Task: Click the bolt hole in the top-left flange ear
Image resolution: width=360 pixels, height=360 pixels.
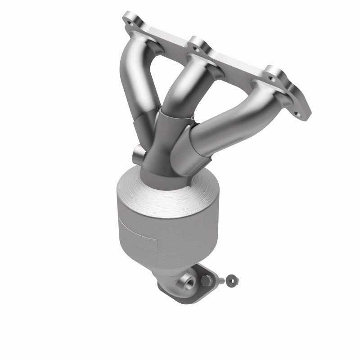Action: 131,20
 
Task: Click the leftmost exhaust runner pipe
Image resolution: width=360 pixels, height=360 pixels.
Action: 135,90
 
